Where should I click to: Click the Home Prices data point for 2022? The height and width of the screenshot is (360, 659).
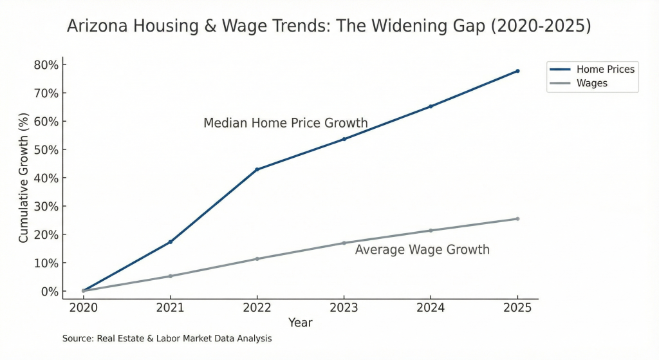[x=257, y=169]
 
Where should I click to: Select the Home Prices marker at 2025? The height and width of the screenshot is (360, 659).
[x=517, y=71]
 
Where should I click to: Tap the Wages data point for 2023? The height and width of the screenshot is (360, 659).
[x=344, y=243]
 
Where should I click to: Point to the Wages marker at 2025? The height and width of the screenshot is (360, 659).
[x=517, y=219]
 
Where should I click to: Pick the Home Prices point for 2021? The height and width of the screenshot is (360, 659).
[x=170, y=242]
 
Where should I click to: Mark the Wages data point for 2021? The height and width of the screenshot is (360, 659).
[x=170, y=276]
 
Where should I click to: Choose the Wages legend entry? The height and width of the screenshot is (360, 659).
[x=591, y=83]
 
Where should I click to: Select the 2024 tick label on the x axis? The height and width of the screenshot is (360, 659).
[x=431, y=308]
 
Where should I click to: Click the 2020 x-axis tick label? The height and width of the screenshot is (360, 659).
[x=83, y=308]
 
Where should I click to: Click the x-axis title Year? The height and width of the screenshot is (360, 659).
[x=300, y=323]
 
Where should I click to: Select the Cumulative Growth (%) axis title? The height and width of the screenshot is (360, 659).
[x=24, y=178]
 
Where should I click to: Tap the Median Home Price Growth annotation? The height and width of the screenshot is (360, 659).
[x=285, y=123]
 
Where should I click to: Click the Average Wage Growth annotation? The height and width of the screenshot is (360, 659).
[x=422, y=250]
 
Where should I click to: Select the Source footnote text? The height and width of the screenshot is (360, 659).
[x=167, y=338]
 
